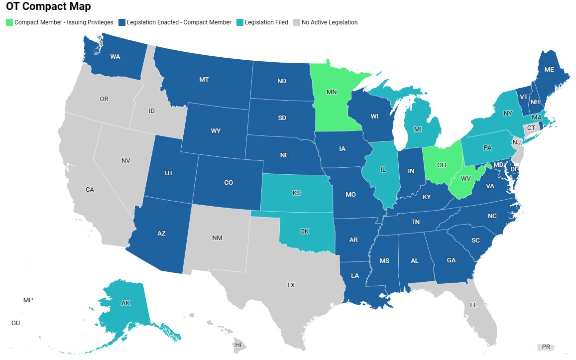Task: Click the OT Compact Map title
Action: tap(48, 7)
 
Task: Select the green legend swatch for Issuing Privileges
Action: tap(9, 22)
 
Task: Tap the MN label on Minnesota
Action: tap(332, 92)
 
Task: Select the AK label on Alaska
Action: tap(125, 303)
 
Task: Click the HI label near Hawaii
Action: tap(238, 345)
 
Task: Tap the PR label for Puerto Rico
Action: tap(546, 347)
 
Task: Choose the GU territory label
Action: tap(15, 323)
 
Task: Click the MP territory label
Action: tap(28, 300)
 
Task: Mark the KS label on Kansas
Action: tap(297, 193)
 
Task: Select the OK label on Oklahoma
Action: tap(304, 232)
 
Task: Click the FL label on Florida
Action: tap(473, 305)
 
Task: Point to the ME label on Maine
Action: tap(549, 70)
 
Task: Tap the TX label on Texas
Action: tap(291, 285)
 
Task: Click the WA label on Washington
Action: tap(115, 56)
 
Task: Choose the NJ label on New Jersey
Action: tap(516, 142)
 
